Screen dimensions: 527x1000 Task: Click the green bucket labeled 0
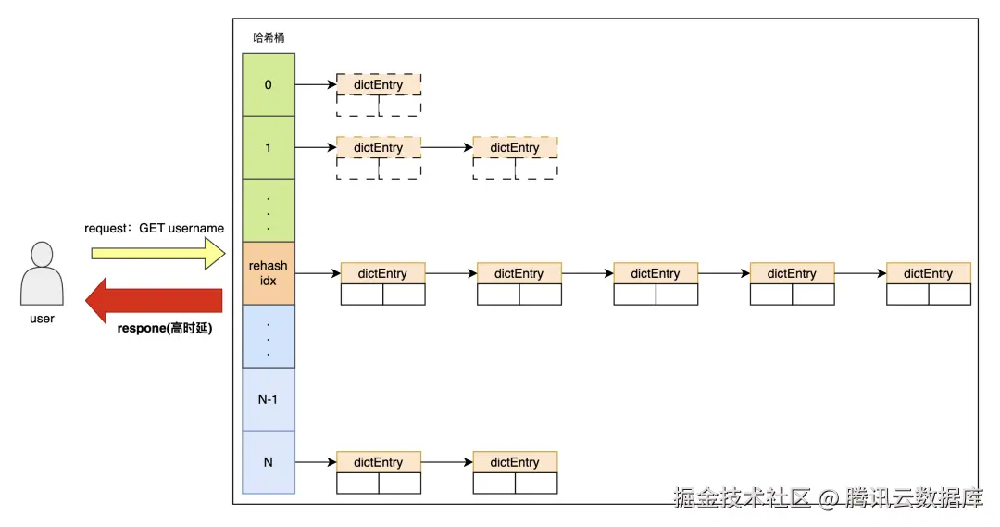[x=269, y=84]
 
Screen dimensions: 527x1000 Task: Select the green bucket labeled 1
[x=269, y=147]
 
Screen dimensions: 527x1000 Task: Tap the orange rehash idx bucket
[x=269, y=273]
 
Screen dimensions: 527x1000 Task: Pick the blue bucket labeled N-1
[x=269, y=399]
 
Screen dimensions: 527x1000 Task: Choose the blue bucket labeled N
[x=269, y=462]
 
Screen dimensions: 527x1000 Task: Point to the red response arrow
[x=154, y=299]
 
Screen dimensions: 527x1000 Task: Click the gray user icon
[x=42, y=273]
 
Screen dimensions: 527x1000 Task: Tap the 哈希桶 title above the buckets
[x=269, y=39]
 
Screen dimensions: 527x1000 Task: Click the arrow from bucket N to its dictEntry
[x=315, y=462]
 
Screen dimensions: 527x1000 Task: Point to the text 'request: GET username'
[x=154, y=228]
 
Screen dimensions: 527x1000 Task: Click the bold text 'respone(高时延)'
[x=165, y=327]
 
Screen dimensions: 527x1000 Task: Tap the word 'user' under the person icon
[x=42, y=319]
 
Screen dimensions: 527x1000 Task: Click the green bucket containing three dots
[x=269, y=210]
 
